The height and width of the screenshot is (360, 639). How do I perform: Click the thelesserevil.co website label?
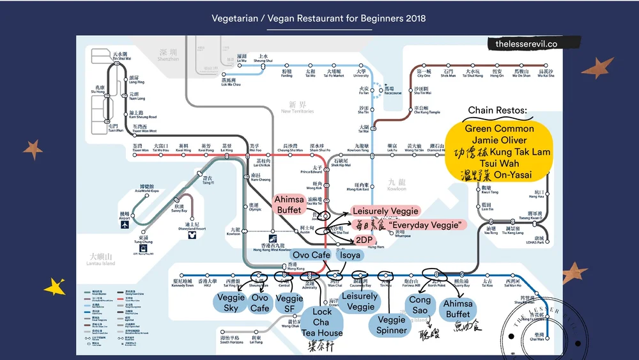click(526, 44)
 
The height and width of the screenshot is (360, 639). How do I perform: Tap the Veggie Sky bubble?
click(231, 302)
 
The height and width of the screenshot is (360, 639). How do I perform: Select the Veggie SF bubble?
click(289, 303)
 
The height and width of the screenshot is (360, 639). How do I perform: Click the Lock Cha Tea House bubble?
click(321, 322)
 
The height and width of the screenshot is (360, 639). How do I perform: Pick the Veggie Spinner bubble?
click(391, 325)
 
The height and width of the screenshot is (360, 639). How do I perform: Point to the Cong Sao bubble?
click(420, 305)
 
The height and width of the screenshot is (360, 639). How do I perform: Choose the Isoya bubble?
click(350, 255)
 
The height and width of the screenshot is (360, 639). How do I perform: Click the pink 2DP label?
click(364, 240)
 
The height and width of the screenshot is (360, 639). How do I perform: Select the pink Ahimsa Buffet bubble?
click(289, 205)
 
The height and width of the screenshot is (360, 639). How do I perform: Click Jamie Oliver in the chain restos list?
click(499, 140)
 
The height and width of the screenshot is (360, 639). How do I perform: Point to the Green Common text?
click(499, 129)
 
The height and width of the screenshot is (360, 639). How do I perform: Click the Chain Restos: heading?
click(498, 111)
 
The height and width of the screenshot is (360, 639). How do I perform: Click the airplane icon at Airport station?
click(124, 224)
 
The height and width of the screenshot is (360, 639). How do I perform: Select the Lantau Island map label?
click(101, 260)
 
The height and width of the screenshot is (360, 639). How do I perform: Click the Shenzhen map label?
click(169, 56)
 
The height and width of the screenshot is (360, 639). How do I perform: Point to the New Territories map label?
click(298, 107)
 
